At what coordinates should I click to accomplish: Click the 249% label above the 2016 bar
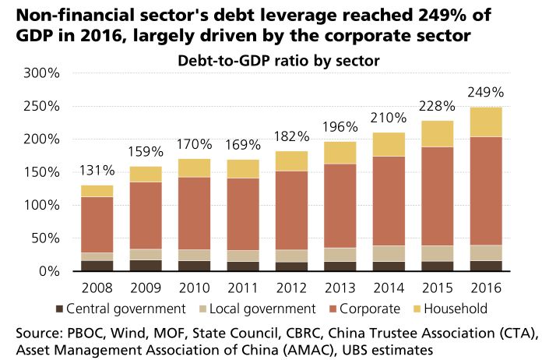(487, 93)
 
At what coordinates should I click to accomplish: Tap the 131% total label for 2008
(97, 171)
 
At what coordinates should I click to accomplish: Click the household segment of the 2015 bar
(438, 133)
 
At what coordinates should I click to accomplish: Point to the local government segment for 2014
(389, 253)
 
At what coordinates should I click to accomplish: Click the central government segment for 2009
(146, 265)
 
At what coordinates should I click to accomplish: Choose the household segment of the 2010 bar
(195, 168)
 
